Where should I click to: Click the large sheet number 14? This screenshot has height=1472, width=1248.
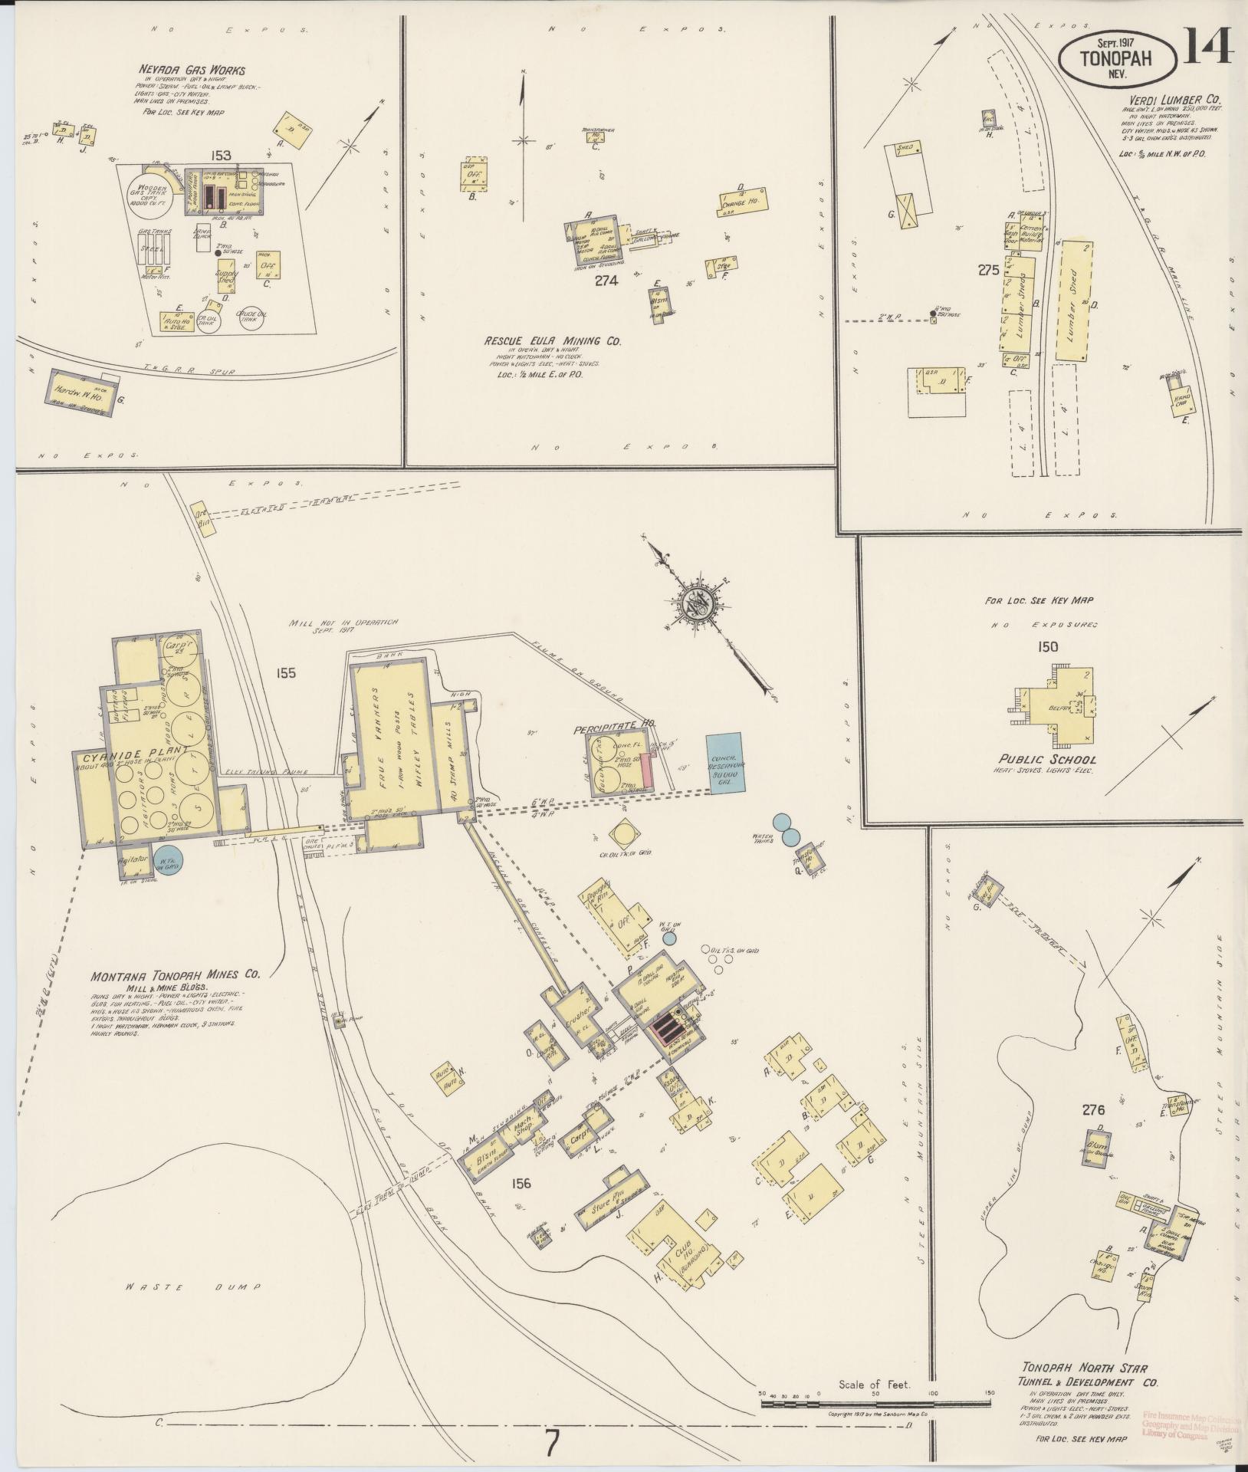tap(1207, 48)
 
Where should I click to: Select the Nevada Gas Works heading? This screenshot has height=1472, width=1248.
tap(192, 71)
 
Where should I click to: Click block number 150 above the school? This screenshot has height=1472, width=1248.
tap(1048, 646)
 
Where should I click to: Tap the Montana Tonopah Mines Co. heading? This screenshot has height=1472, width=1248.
tap(176, 976)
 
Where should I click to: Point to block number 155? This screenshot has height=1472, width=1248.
tap(287, 673)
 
